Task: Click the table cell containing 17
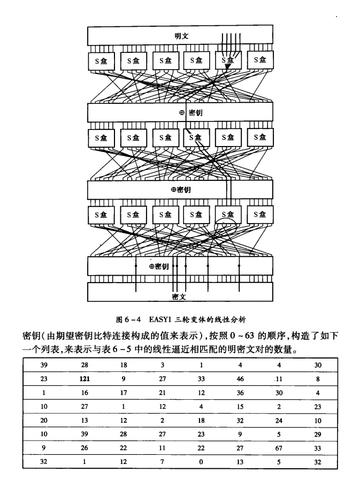tap(124, 392)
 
